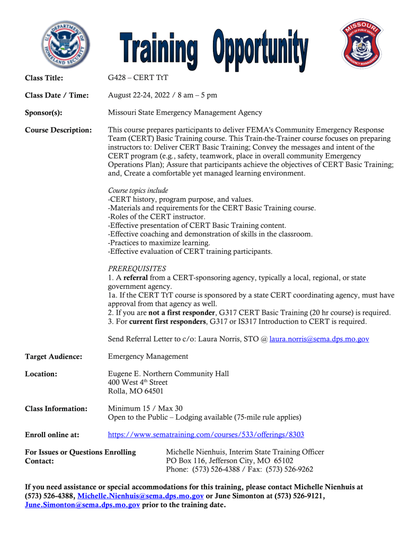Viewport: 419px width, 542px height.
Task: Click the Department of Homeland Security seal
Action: [66, 45]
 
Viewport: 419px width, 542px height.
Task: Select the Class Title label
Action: [44, 78]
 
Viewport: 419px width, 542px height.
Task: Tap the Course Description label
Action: [58, 130]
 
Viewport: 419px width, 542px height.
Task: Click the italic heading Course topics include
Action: [138, 190]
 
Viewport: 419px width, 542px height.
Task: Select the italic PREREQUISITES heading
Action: [137, 269]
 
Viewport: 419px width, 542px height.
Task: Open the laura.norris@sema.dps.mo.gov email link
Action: [319, 339]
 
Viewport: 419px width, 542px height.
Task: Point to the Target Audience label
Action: [54, 357]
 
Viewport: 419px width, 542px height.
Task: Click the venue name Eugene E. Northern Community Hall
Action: [168, 374]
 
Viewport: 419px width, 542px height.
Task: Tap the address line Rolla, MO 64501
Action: [136, 392]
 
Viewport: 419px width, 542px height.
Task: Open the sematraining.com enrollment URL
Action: [206, 434]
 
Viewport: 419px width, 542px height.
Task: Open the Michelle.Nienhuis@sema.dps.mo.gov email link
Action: [140, 496]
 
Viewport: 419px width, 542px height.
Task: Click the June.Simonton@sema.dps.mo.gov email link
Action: [83, 505]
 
